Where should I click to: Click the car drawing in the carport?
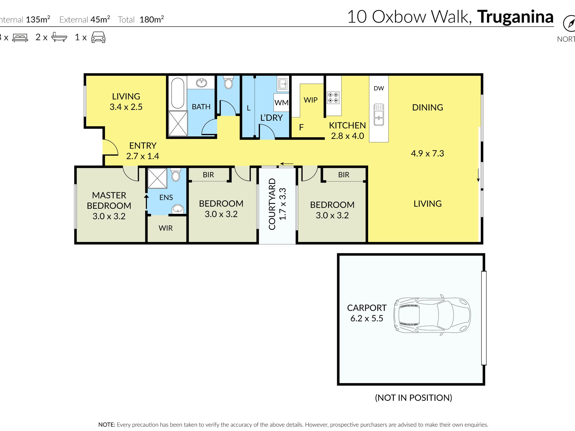tap(432, 315)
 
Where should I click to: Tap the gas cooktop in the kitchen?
tap(333, 98)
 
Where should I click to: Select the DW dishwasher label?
tap(379, 88)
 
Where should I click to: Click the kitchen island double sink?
tap(379, 115)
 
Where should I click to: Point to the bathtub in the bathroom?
tap(178, 93)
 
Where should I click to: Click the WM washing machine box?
tap(281, 103)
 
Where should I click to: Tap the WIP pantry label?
tap(310, 100)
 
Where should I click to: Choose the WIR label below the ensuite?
tap(166, 228)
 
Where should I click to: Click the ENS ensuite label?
tap(166, 198)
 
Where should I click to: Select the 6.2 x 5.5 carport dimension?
tap(366, 318)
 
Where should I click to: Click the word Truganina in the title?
tap(515, 17)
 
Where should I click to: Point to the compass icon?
tap(569, 24)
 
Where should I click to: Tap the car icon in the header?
tap(98, 37)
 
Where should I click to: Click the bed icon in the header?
tap(20, 38)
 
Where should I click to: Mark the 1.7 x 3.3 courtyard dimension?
tap(282, 204)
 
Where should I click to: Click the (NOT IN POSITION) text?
tap(413, 398)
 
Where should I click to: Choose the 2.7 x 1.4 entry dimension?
tap(143, 156)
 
